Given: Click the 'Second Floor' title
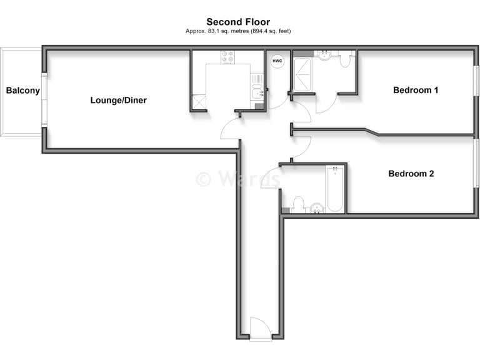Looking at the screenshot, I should tap(238, 22).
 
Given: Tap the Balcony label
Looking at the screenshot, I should tap(23, 91).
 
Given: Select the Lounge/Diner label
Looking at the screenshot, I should tap(119, 100).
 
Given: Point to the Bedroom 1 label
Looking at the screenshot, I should tap(416, 90).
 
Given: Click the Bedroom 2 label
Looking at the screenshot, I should tap(411, 174).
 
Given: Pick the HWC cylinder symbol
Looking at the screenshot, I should tap(277, 62).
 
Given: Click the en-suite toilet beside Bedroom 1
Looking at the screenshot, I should tap(345, 60).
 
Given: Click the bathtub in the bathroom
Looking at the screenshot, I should tap(335, 189).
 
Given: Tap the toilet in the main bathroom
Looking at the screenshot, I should tap(298, 204).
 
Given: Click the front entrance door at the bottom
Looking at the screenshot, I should tap(260, 329).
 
